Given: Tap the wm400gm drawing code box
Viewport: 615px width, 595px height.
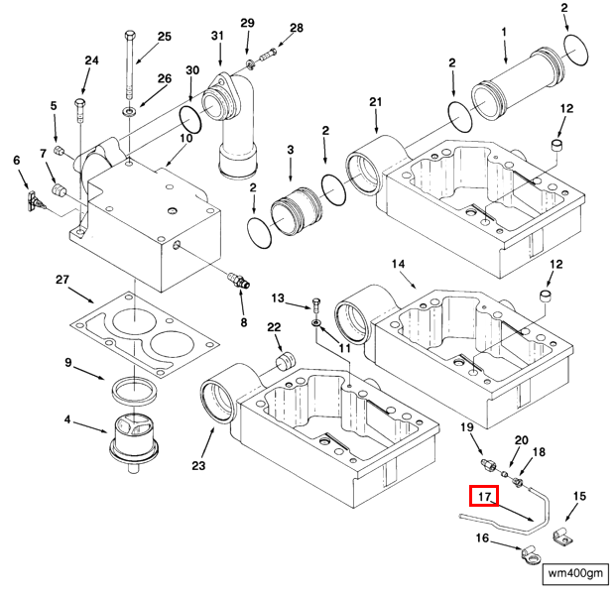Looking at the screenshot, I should tap(574, 574).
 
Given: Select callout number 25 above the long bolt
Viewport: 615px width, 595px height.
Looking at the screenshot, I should tap(164, 37).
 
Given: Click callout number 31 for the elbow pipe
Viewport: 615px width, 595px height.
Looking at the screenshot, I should tap(218, 37).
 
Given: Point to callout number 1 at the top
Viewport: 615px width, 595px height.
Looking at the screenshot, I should tap(504, 33).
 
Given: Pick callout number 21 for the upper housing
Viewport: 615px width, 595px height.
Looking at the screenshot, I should tap(375, 102).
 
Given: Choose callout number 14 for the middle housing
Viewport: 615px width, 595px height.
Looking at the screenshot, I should tap(399, 264).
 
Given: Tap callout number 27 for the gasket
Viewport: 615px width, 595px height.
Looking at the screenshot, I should tap(61, 281).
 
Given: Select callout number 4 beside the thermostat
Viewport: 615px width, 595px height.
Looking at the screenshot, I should tap(67, 419).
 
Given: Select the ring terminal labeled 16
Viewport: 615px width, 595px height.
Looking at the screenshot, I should tap(516, 566).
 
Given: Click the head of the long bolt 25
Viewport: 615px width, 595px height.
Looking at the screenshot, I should tap(130, 37).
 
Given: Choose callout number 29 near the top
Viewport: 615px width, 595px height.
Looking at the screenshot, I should tap(248, 23).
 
